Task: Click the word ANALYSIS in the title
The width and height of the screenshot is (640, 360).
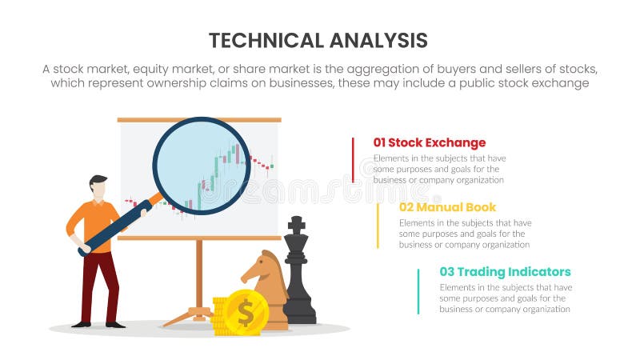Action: [378, 41]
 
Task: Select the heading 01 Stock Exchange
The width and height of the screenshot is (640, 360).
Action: [430, 143]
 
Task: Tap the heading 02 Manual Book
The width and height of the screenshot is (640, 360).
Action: [447, 207]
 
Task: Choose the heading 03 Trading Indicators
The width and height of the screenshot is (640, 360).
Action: [505, 272]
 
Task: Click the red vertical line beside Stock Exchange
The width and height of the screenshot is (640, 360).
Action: [353, 160]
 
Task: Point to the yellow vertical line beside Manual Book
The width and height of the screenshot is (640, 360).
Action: [378, 224]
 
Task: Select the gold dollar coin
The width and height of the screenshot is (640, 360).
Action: [245, 313]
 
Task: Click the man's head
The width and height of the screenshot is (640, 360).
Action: [98, 189]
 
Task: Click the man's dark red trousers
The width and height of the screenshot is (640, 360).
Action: [99, 284]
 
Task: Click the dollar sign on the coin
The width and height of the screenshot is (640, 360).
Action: [246, 313]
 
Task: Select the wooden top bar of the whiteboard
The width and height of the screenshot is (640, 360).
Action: [199, 120]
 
